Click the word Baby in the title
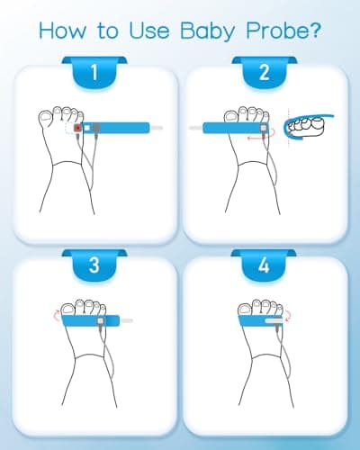coord(207,31)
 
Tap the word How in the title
coord(63,31)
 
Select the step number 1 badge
coord(94,72)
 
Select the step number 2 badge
coord(265,72)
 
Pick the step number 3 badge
coord(94,265)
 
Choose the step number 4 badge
coord(264,265)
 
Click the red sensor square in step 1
coord(78,128)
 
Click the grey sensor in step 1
coord(96,128)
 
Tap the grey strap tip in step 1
coord(157,128)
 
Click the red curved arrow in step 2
coord(261,135)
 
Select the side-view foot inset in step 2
coord(308,128)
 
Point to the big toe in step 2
coord(231,117)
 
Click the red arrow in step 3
coord(57,316)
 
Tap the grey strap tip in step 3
coord(126,320)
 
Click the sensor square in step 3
coord(101,320)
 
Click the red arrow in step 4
coord(288,316)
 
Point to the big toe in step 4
coord(245,310)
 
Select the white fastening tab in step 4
coord(274,320)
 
